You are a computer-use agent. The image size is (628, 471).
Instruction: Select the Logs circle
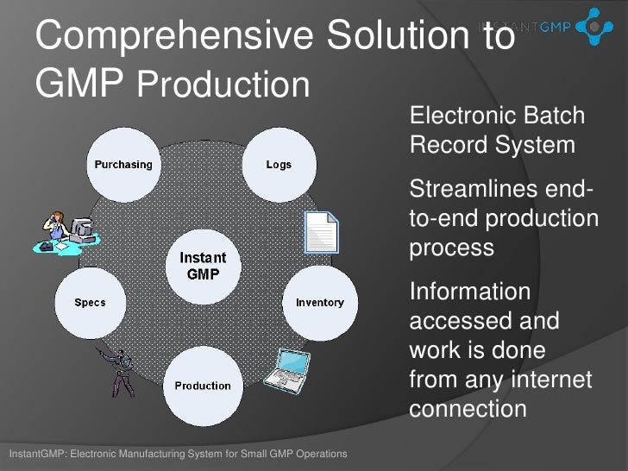[x=279, y=164]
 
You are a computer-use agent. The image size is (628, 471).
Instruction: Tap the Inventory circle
[x=319, y=302]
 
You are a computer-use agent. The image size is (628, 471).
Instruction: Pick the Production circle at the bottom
[x=203, y=385]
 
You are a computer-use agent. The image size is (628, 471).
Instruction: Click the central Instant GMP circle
[x=203, y=266]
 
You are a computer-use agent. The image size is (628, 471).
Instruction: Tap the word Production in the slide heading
[x=223, y=85]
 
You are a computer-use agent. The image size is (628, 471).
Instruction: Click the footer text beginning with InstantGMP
[x=176, y=454]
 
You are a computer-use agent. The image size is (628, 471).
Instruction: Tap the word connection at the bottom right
[x=467, y=407]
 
